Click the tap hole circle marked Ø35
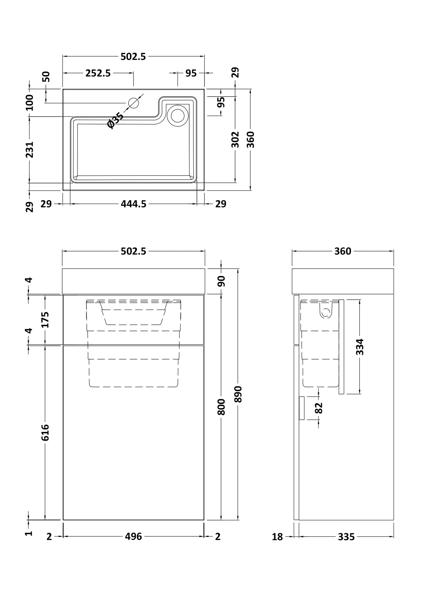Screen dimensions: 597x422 point(133,103)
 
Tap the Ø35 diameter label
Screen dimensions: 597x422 point(116,120)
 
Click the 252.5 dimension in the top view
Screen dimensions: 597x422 point(98,73)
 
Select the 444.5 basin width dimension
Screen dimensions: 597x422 point(133,204)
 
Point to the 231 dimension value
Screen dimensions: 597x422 point(30,150)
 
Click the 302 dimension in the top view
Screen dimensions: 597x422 point(235,139)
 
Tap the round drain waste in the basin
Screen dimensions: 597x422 point(178,116)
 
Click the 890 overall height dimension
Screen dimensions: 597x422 point(239,394)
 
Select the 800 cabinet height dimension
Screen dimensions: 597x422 point(221,407)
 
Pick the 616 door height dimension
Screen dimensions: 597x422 point(45,433)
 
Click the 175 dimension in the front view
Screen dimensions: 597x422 point(45,320)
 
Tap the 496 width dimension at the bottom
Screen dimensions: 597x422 point(133,537)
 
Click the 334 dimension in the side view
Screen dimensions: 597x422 point(360,347)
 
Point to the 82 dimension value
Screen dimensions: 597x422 point(319,408)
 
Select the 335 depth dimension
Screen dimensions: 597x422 point(346,537)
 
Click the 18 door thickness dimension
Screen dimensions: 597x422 point(277,537)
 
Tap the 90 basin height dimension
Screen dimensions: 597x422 point(221,281)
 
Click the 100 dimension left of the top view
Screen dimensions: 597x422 point(30,103)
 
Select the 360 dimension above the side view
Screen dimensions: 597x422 point(343,251)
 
